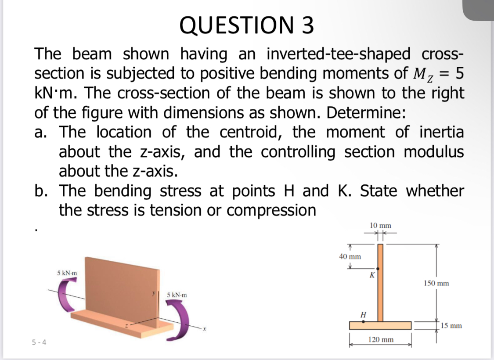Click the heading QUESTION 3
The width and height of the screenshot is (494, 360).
point(247,25)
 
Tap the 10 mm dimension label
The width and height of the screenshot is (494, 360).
point(380,225)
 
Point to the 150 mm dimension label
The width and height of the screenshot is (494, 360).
point(436,283)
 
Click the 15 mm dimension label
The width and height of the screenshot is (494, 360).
point(451,326)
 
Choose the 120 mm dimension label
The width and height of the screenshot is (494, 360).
point(381,340)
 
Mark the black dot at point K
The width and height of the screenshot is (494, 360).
point(378,268)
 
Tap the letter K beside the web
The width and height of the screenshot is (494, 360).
point(372,275)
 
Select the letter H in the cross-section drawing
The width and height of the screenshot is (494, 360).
point(363,314)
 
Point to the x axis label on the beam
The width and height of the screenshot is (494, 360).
point(205,329)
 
